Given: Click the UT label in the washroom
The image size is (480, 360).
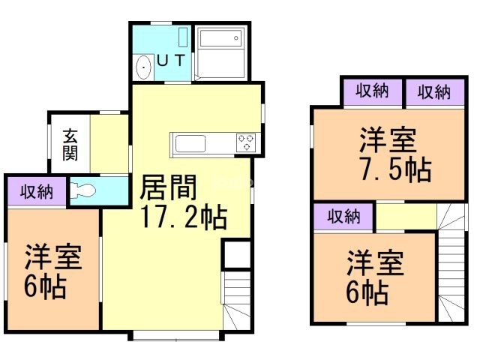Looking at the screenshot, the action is click(x=171, y=60).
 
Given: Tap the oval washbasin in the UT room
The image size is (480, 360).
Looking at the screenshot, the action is click(x=143, y=67).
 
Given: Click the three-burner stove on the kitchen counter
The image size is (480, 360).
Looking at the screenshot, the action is click(x=246, y=142).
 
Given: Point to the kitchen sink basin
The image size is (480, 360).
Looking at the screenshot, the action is click(x=190, y=143).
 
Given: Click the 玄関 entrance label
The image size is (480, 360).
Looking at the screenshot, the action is click(x=70, y=145).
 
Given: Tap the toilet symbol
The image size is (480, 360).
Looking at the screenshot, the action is click(x=82, y=191).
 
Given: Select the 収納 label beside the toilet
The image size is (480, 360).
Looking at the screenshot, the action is click(x=37, y=192).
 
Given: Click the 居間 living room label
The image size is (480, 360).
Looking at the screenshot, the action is click(x=168, y=187).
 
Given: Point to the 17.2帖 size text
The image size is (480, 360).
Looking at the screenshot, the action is click(x=184, y=217).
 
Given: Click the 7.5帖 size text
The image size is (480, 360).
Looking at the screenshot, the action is click(x=395, y=169).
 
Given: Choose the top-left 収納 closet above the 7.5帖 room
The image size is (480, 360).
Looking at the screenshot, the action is click(x=372, y=91).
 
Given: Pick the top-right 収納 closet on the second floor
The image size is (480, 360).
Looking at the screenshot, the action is click(x=435, y=91).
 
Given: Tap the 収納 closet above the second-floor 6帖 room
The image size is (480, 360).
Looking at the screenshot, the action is click(x=343, y=217).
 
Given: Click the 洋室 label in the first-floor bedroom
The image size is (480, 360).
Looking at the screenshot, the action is click(x=53, y=256).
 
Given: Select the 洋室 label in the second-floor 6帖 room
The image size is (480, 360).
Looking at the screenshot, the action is click(x=375, y=262).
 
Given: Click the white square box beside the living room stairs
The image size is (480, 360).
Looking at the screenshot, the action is click(x=236, y=255).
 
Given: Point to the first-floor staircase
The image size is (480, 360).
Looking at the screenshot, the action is click(x=236, y=301).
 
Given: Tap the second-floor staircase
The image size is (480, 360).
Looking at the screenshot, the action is click(x=451, y=262).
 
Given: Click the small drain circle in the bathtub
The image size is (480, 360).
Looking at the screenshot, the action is click(x=236, y=38).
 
